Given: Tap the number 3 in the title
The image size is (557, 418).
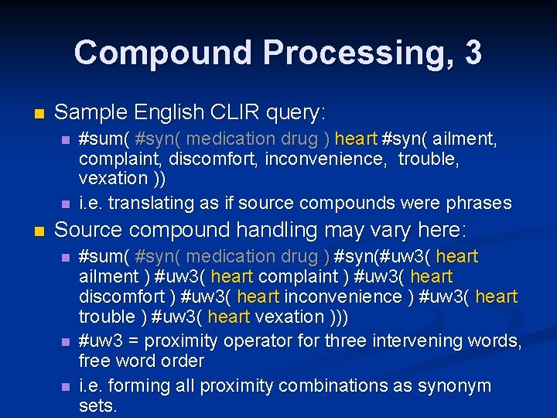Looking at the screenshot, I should [x=473, y=53].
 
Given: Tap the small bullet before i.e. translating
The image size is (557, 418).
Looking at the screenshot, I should [x=66, y=204].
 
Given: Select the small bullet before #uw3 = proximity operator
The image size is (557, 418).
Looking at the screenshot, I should [x=66, y=341].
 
